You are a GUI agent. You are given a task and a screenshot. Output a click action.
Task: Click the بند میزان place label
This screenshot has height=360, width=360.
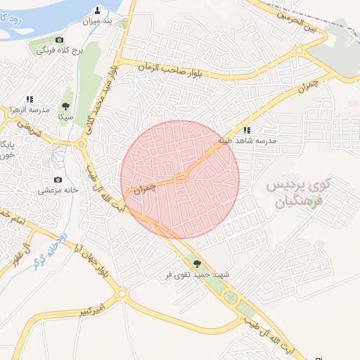pos(98,22)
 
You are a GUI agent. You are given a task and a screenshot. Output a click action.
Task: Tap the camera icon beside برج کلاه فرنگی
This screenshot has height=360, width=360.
pos(59,40)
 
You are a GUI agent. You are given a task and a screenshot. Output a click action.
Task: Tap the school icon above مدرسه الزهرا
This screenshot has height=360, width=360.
pos(30,100)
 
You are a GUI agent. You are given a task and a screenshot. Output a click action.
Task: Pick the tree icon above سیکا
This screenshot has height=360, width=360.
pos(66,106)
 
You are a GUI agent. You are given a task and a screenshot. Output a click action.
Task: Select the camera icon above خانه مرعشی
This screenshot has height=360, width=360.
pos(57,179)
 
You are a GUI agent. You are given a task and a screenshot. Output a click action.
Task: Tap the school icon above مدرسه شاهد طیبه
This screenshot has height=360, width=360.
pos(246,130)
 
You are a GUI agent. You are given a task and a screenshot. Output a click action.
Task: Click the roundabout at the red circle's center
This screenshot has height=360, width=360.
pos(181,176)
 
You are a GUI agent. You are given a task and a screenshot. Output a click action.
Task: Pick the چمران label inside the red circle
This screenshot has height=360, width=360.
pos(143,188)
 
